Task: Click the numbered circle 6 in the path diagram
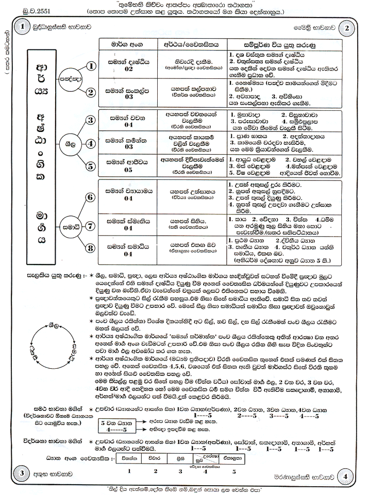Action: tap(90, 197)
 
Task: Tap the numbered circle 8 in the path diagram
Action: tap(90, 248)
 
